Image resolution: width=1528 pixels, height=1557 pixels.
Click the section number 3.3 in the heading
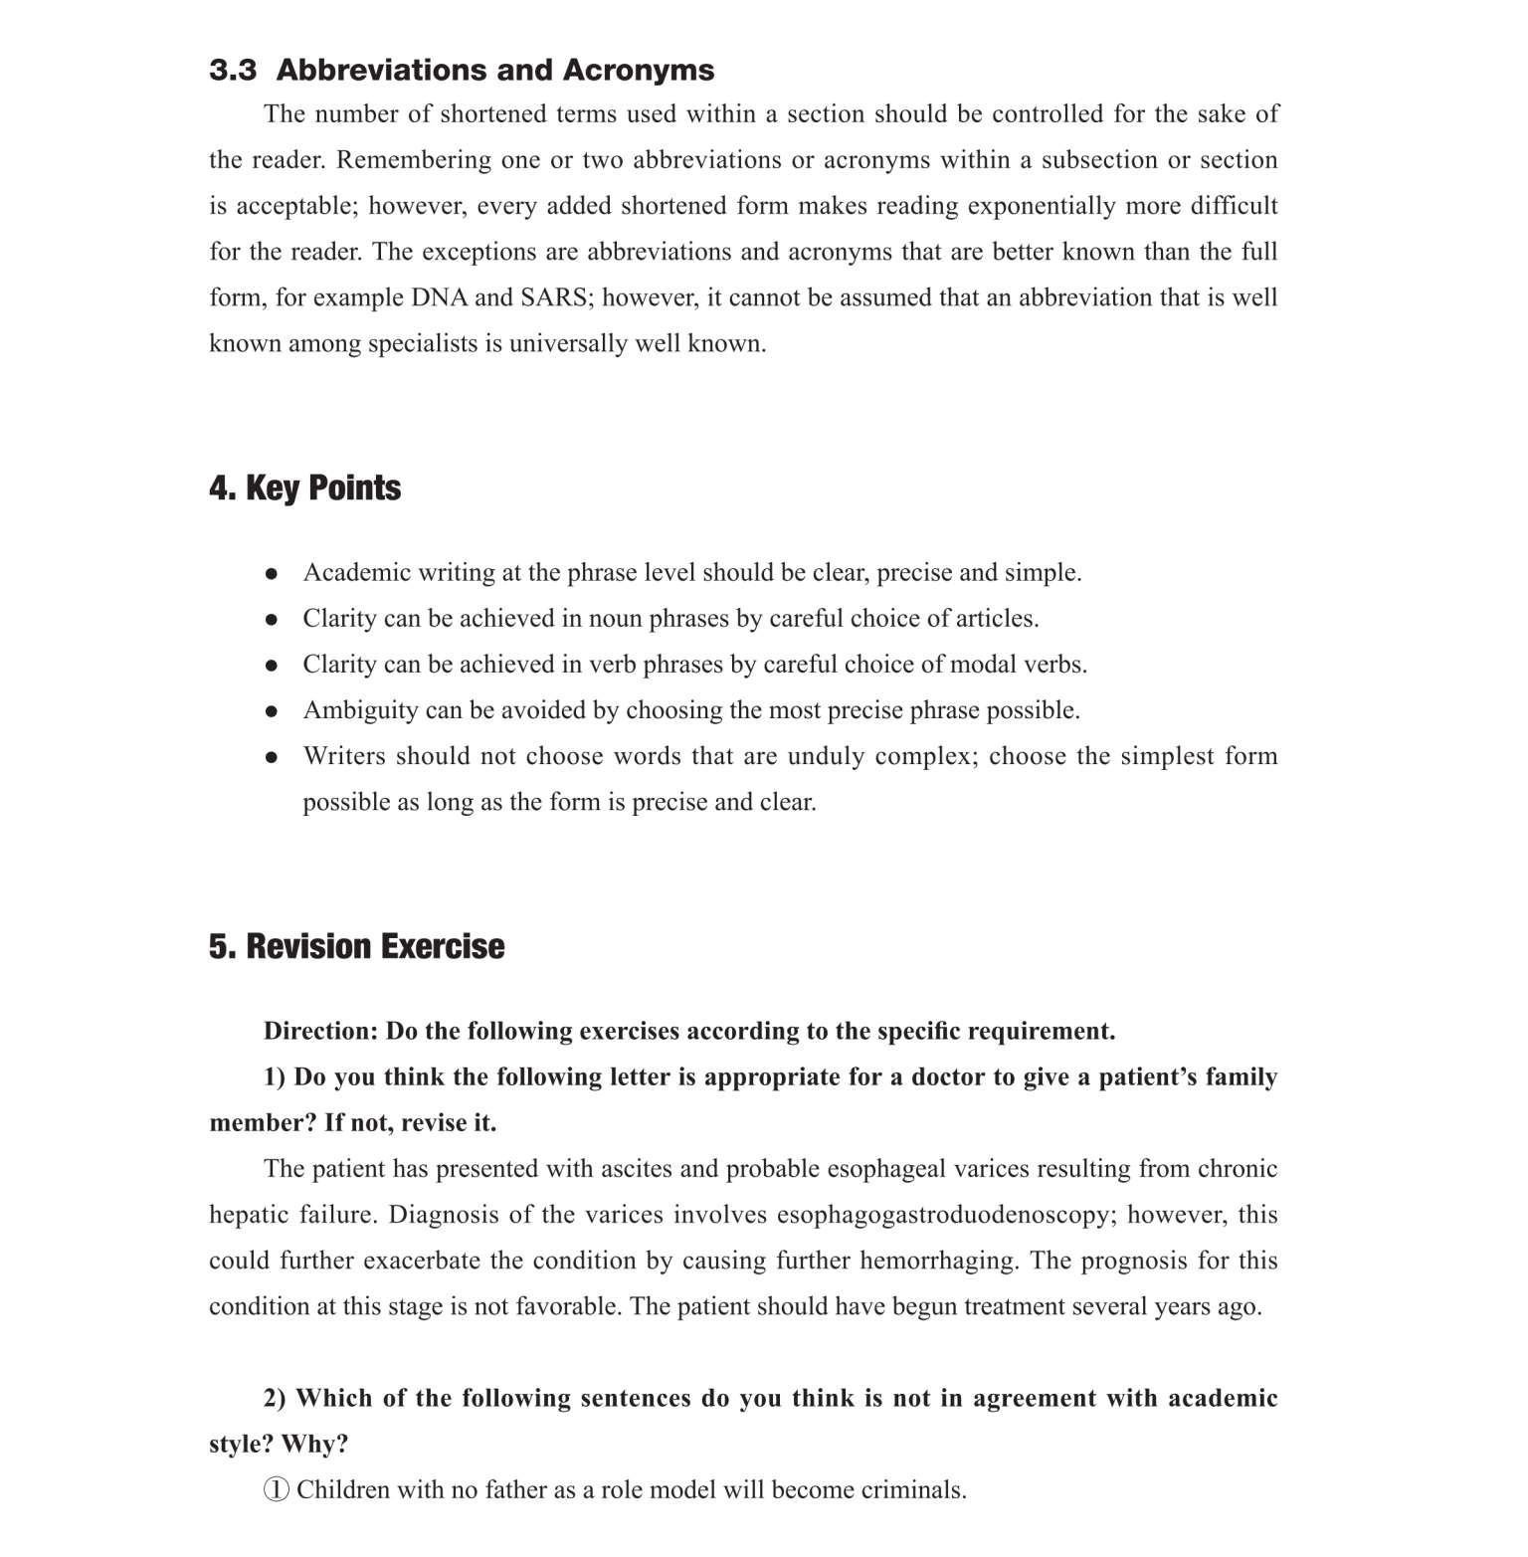pyautogui.click(x=232, y=71)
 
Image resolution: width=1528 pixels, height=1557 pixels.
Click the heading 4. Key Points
pyautogui.click(x=304, y=487)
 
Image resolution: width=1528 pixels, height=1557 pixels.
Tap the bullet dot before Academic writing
pyautogui.click(x=271, y=574)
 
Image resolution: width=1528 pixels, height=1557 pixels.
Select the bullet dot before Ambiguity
pyautogui.click(x=271, y=711)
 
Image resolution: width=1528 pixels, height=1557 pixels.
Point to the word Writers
pyautogui.click(x=343, y=756)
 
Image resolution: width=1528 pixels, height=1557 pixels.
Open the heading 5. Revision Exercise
pyautogui.click(x=356, y=946)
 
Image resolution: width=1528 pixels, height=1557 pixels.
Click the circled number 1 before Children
pyautogui.click(x=277, y=1489)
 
